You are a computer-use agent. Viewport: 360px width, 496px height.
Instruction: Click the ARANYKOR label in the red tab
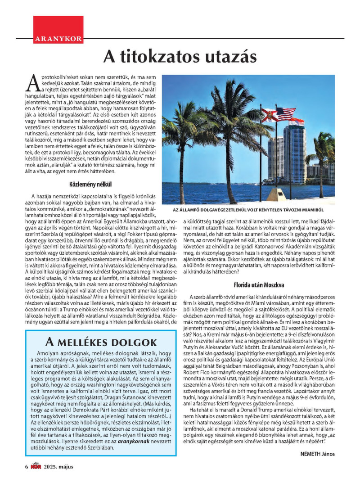58,39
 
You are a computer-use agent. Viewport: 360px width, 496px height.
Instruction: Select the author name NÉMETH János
318,453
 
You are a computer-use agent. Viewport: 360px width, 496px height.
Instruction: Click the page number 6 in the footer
27,466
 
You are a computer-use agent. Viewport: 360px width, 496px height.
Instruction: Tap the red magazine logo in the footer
36,466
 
